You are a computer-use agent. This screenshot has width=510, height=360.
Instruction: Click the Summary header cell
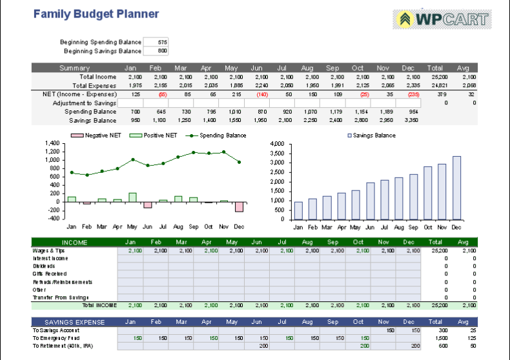pyautogui.click(x=75, y=68)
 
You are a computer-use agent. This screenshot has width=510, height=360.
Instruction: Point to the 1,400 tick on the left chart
pyautogui.click(x=50, y=143)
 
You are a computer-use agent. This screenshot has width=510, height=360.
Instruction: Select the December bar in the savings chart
pyautogui.click(x=456, y=188)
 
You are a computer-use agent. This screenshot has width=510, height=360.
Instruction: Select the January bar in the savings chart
pyautogui.click(x=298, y=211)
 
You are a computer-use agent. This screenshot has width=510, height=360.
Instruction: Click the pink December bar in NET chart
pyautogui.click(x=240, y=206)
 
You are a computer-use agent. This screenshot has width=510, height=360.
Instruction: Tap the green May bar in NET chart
pyautogui.click(x=132, y=197)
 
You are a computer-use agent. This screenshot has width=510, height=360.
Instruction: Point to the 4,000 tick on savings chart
pyautogui.click(x=276, y=144)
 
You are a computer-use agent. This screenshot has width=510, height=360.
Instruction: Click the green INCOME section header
pyautogui.click(x=74, y=242)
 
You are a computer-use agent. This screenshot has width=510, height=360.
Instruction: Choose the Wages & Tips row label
pyautogui.click(x=48, y=250)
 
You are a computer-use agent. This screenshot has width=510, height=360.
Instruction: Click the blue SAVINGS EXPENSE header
pyautogui.click(x=74, y=321)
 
